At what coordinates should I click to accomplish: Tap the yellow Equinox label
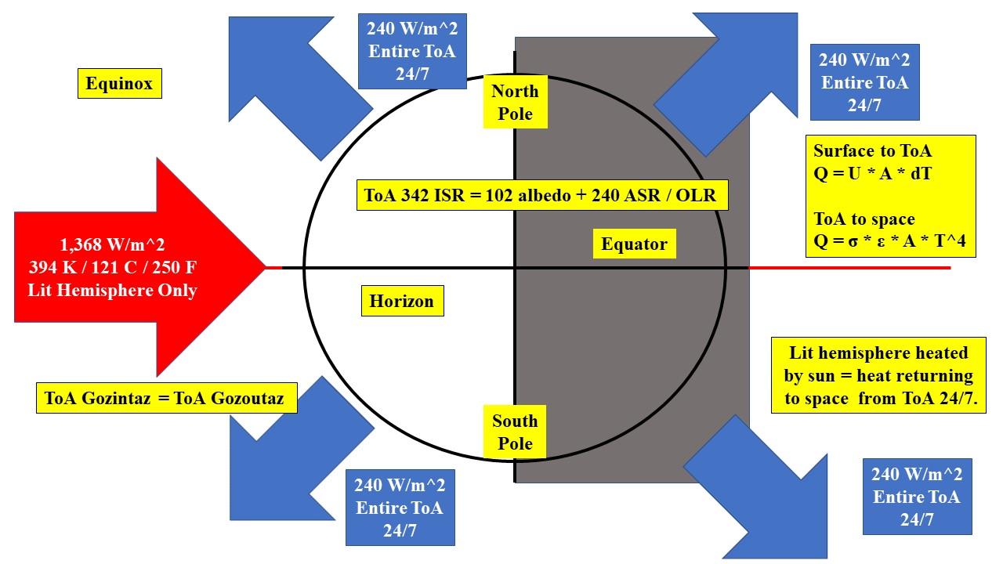[119, 83]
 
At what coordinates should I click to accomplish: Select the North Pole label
[515, 103]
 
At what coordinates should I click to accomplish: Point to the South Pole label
[515, 432]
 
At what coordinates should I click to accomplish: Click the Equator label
[634, 244]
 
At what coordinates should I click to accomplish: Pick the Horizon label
[402, 301]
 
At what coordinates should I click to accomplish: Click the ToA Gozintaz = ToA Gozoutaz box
[170, 399]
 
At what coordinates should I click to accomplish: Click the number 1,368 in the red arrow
[89, 244]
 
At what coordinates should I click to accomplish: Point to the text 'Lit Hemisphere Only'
[112, 290]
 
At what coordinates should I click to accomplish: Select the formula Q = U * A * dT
[872, 174]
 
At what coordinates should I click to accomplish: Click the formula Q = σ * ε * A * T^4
[890, 242]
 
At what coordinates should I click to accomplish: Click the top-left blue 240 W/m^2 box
[411, 52]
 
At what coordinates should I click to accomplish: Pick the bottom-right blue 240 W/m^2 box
[916, 497]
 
